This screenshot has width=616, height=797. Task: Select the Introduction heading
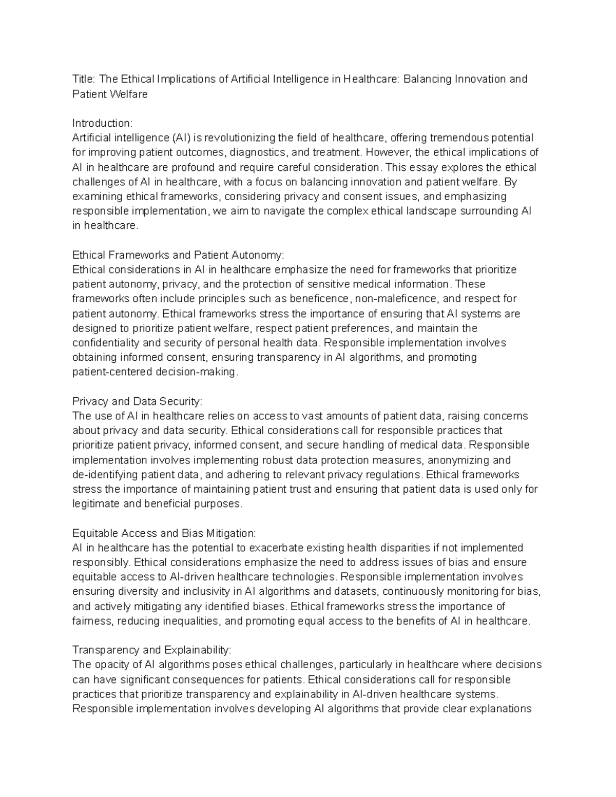pos(102,123)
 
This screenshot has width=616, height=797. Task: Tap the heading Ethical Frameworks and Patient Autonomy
pos(178,255)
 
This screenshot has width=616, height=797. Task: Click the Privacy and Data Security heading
pos(138,401)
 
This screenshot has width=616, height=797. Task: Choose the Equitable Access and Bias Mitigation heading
pos(164,533)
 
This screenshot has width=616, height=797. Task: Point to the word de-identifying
pos(105,475)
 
